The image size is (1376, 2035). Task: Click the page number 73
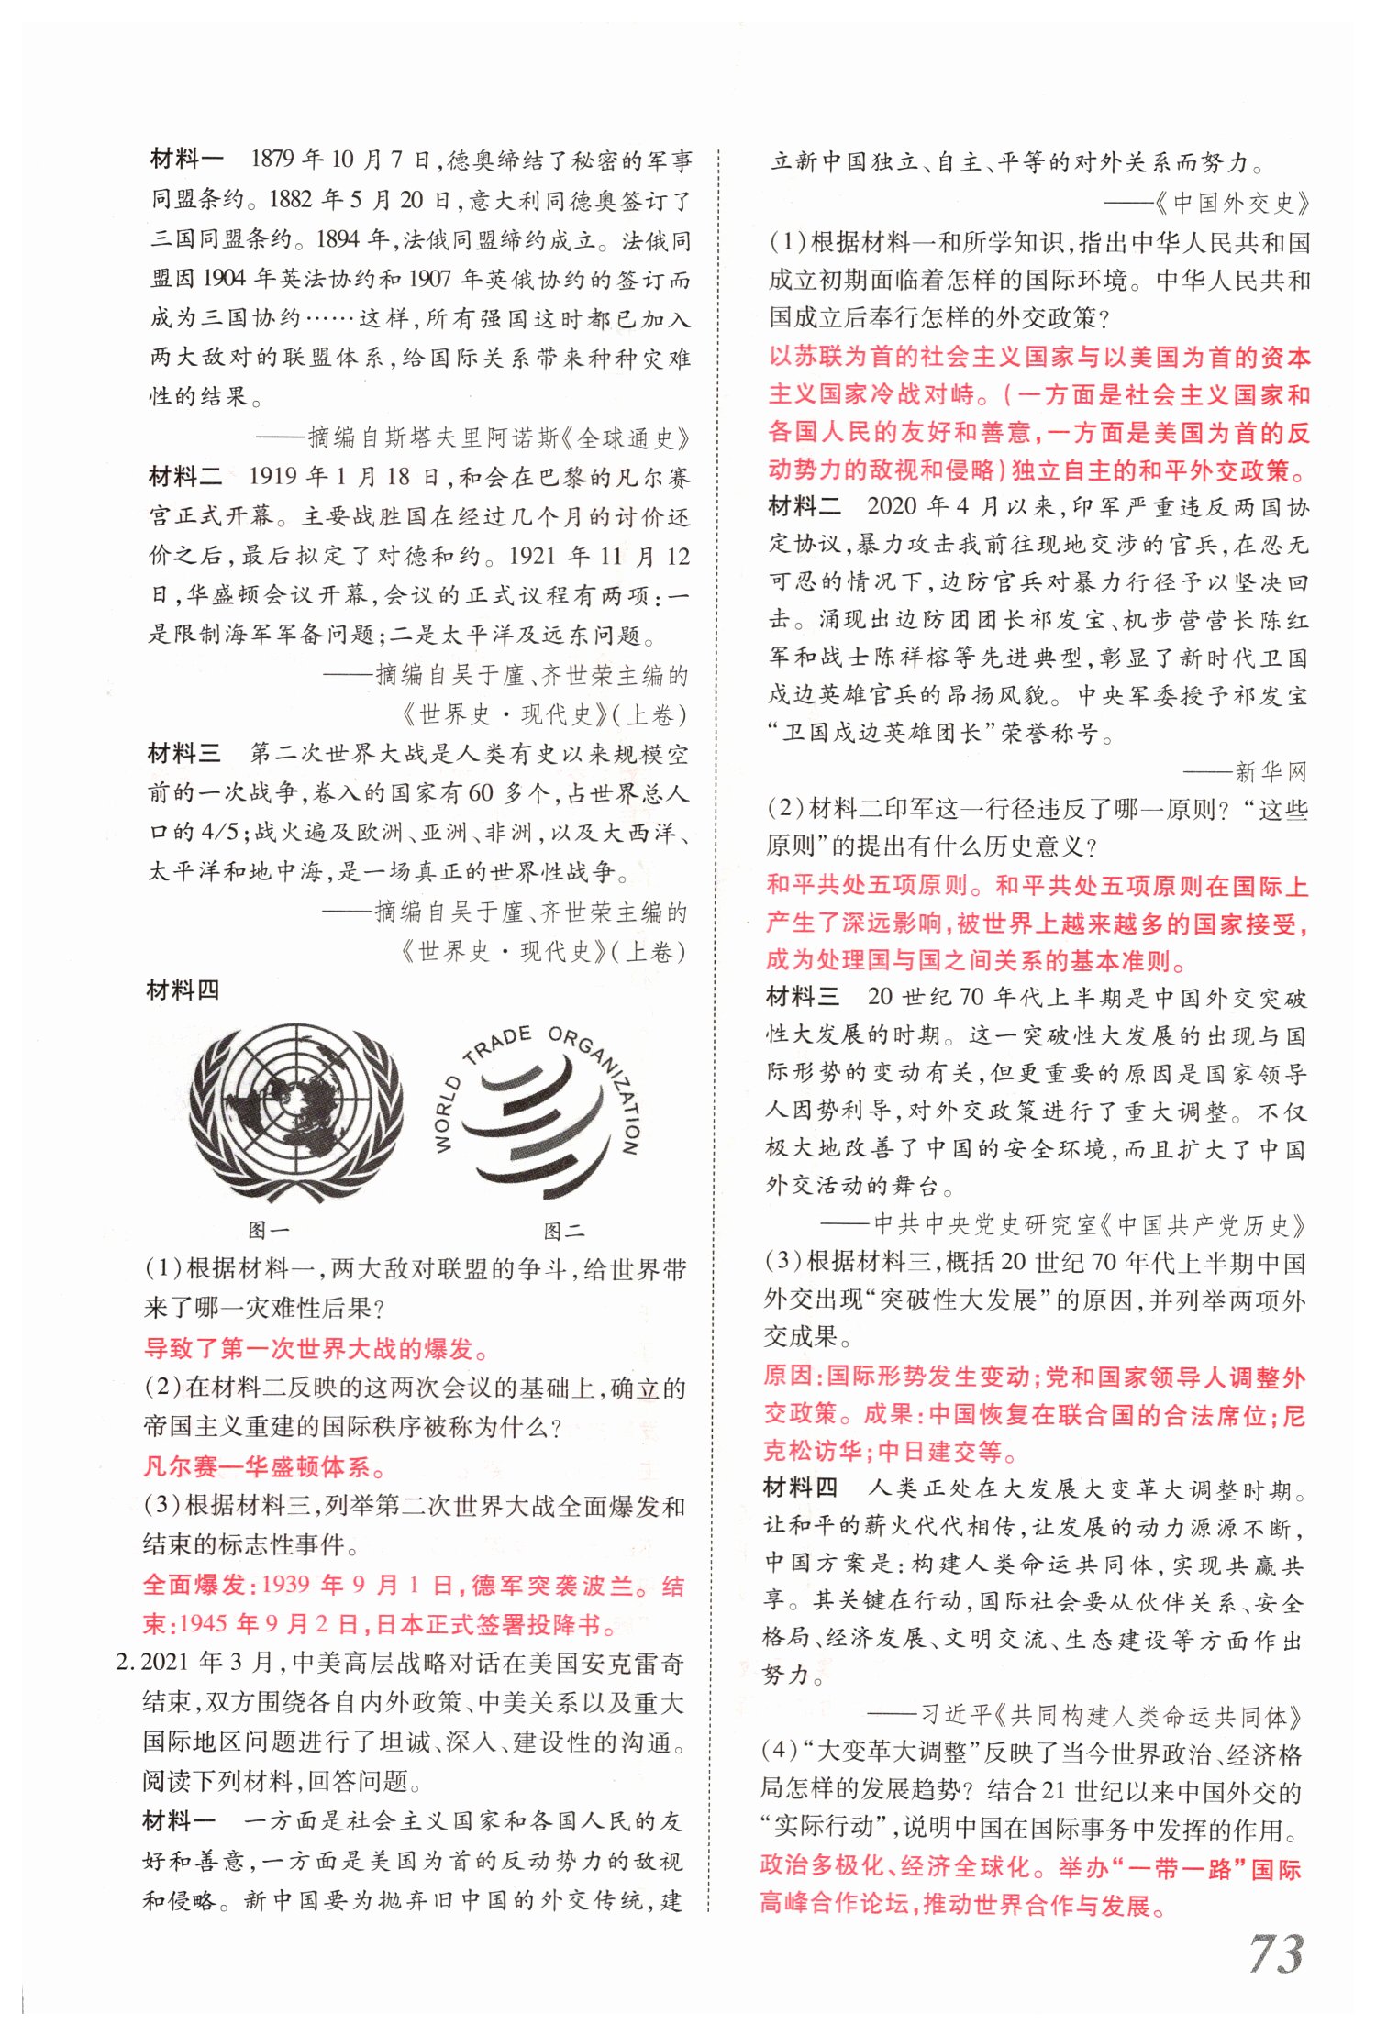click(x=1275, y=1952)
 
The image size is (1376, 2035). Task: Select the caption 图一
click(x=269, y=1230)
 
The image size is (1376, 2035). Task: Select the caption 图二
click(x=563, y=1230)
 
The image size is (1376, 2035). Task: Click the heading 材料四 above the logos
click(x=183, y=990)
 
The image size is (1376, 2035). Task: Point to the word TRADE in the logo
click(x=497, y=1045)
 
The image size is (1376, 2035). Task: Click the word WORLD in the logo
click(x=447, y=1115)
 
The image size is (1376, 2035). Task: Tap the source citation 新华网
click(x=1271, y=772)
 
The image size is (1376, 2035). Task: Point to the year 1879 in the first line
click(x=272, y=160)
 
